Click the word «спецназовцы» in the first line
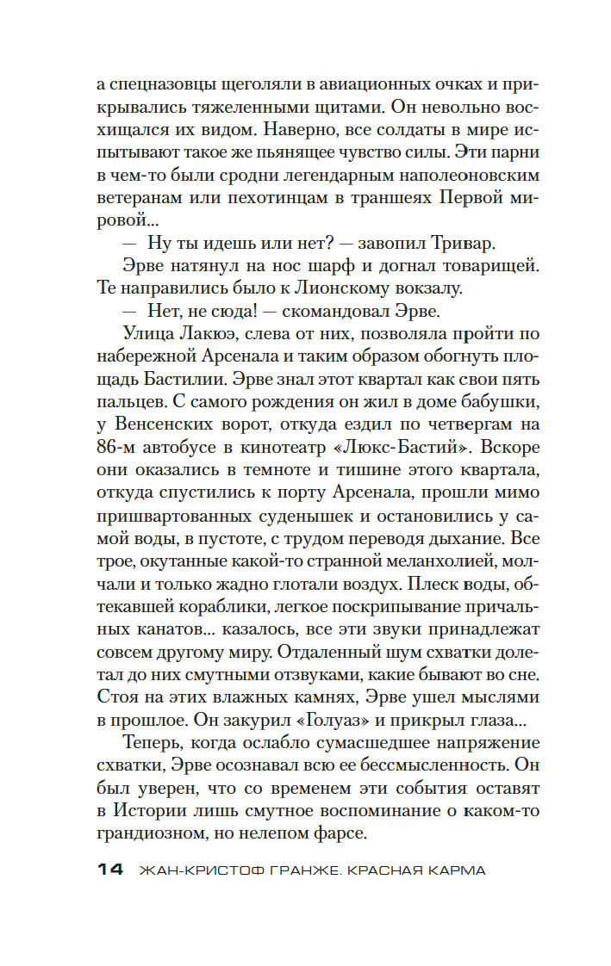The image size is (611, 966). point(162,85)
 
